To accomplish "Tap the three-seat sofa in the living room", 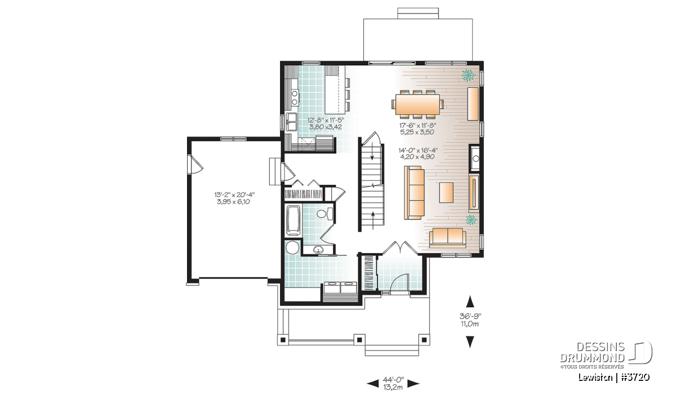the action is [x=415, y=192].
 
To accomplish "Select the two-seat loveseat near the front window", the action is [x=447, y=237].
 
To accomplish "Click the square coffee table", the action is [x=446, y=192].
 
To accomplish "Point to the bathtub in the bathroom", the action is [x=293, y=221].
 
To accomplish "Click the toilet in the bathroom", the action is [x=324, y=213].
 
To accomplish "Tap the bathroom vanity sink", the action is [x=318, y=250].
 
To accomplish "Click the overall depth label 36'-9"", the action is [x=470, y=316].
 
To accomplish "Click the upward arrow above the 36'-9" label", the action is [x=470, y=302].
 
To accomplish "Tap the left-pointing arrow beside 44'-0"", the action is [x=372, y=384].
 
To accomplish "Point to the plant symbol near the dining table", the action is [x=469, y=75].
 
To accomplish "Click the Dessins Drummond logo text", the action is [x=592, y=352].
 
